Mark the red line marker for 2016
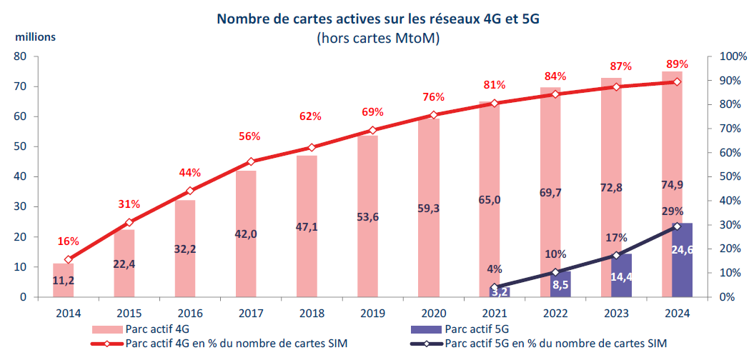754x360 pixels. (190, 191)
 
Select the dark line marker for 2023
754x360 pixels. (616, 255)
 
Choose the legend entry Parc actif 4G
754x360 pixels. (150, 329)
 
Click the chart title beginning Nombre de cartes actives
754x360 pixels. (377, 19)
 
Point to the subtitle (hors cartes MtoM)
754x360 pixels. (377, 39)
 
